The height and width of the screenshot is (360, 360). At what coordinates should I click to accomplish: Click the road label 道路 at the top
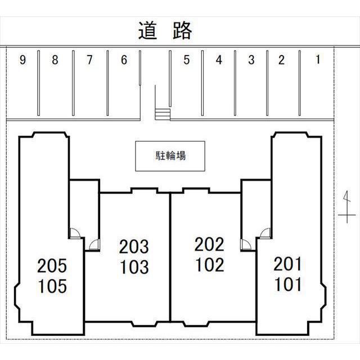[x=165, y=30]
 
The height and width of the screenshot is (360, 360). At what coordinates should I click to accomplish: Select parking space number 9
[x=22, y=60]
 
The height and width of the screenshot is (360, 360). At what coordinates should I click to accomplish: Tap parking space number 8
[x=55, y=60]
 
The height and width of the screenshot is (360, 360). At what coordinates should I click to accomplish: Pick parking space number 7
[x=89, y=60]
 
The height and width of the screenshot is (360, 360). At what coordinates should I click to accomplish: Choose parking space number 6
[x=124, y=60]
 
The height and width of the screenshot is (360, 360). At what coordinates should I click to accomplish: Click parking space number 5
[x=186, y=60]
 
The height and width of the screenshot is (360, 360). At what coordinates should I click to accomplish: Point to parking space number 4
[x=219, y=60]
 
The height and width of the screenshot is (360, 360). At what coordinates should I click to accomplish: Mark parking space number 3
[x=251, y=60]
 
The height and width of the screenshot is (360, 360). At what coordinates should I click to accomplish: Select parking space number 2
[x=282, y=60]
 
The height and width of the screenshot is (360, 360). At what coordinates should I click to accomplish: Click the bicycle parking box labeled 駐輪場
[x=170, y=156]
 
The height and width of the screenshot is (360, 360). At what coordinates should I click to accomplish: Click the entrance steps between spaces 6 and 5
[x=162, y=114]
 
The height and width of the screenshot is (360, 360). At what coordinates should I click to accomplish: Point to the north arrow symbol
[x=347, y=206]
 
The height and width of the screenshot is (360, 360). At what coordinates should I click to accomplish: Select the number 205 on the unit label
[x=52, y=265]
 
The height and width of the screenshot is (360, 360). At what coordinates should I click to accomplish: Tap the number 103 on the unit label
[x=134, y=267]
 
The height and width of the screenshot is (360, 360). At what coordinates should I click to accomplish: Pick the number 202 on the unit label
[x=209, y=245]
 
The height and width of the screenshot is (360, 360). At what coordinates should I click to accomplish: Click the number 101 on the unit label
[x=288, y=284]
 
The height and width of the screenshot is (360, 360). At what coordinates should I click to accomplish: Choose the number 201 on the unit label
[x=288, y=263]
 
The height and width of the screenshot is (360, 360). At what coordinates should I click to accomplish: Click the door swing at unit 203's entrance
[x=94, y=244]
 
